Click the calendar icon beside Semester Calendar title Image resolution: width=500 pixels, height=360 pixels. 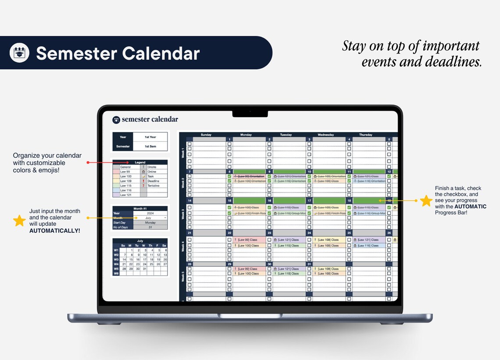pos(19,53)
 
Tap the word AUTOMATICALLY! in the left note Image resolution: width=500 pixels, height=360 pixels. pos(54,230)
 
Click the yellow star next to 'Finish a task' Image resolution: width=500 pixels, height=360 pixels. pos(426,201)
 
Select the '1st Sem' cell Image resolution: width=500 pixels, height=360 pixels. pos(150,146)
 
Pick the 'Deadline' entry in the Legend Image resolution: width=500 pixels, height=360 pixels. pos(154,181)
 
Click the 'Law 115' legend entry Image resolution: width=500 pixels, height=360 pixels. pos(126,186)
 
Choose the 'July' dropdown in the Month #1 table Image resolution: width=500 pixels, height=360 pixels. pos(150,218)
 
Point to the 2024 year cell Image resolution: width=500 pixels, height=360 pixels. pos(150,214)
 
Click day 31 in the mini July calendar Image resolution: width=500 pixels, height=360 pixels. pos(144,269)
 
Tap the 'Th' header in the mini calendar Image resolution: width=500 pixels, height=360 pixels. pos(151,246)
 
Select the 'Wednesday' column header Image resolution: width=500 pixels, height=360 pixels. pos(325,135)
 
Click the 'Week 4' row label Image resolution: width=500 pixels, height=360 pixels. pos(183,246)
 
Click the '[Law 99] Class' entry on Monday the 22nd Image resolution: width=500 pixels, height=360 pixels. pos(249,240)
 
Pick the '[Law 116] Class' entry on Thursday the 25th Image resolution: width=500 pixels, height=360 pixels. pos(368,246)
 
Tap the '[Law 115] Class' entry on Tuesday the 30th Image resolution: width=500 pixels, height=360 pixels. pos(289,274)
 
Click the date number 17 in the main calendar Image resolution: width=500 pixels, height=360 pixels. pos(309,200)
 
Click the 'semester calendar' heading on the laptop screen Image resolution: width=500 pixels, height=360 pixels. pos(150,119)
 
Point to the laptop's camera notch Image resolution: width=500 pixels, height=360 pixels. pos(250,114)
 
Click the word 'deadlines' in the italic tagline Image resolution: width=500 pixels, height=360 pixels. pos(456,62)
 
